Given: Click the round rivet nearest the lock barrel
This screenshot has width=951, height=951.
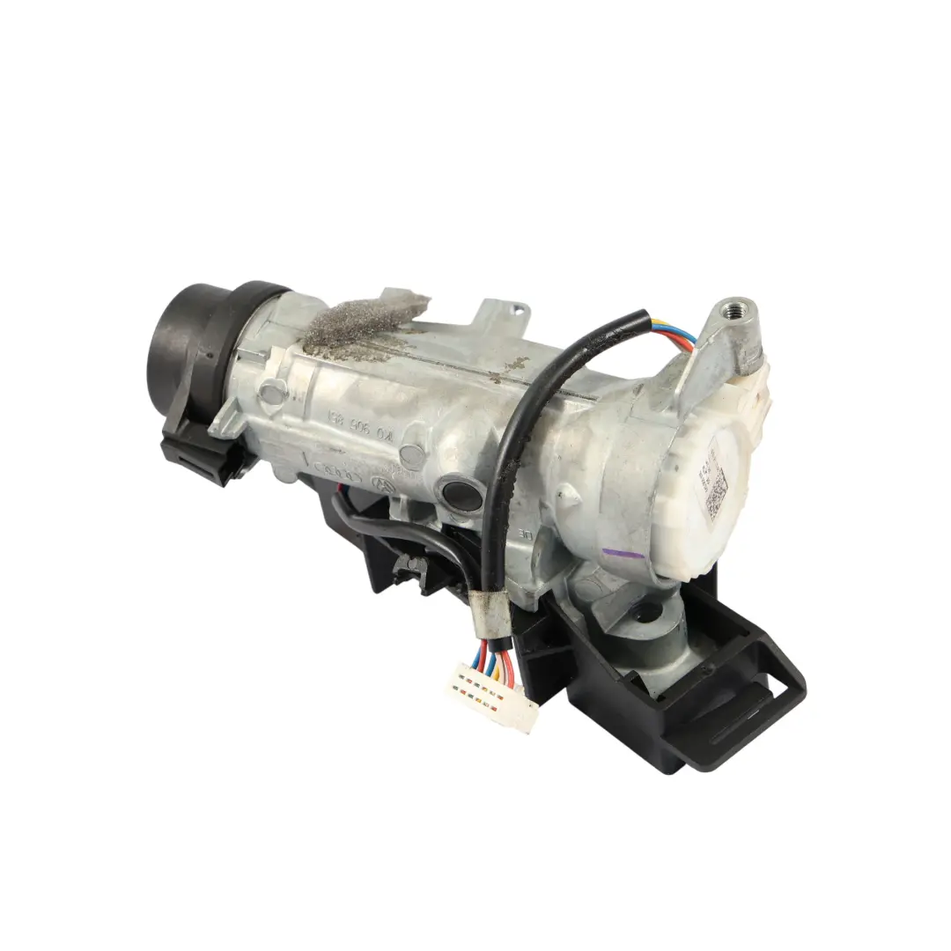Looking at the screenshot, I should pyautogui.click(x=271, y=389).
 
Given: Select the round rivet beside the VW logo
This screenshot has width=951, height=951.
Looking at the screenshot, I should pyautogui.click(x=411, y=454).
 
